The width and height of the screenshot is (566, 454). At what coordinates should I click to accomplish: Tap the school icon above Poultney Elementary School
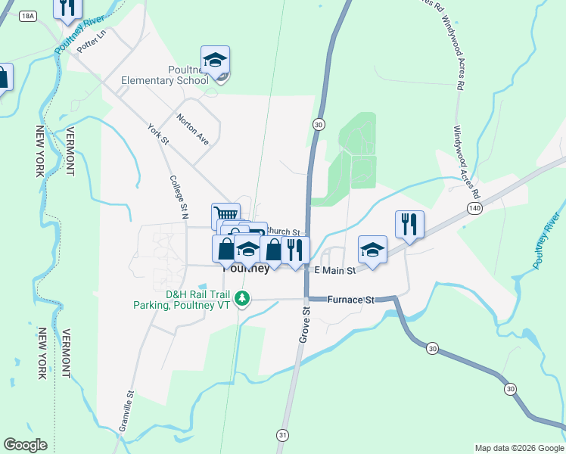tap(216, 60)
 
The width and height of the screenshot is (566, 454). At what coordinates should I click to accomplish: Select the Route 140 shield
tap(474, 207)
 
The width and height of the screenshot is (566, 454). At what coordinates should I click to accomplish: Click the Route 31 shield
tap(282, 435)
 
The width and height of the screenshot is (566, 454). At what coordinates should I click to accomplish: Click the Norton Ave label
tap(192, 129)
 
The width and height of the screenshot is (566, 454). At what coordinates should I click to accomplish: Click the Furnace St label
tap(351, 300)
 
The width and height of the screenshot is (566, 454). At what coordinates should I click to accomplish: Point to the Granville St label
tap(126, 411)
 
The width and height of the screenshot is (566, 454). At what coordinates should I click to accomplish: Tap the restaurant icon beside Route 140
tap(409, 225)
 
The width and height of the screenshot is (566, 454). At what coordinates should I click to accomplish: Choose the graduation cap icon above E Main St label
tap(372, 249)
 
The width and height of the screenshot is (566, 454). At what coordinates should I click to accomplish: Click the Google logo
tap(25, 445)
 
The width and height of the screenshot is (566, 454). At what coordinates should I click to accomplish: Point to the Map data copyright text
tap(518, 448)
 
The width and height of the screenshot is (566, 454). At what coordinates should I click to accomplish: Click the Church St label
tap(284, 232)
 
